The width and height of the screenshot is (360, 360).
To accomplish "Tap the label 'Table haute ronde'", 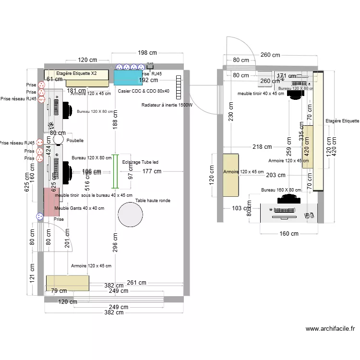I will tap(153, 201).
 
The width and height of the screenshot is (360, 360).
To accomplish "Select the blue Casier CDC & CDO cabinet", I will tap(128, 77).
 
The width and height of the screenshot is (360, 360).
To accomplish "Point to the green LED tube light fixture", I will tap(115, 171).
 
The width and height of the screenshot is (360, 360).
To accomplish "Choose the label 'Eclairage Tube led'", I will tap(140, 162).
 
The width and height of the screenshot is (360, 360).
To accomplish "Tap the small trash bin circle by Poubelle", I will tap(59, 139).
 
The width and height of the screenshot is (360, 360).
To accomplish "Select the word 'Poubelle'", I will tap(75, 141).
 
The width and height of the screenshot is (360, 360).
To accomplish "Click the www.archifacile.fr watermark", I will tap(330, 329).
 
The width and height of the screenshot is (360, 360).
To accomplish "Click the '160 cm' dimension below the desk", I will tap(288, 234).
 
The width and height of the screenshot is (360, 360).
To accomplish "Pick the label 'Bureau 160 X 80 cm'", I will tap(281, 190).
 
